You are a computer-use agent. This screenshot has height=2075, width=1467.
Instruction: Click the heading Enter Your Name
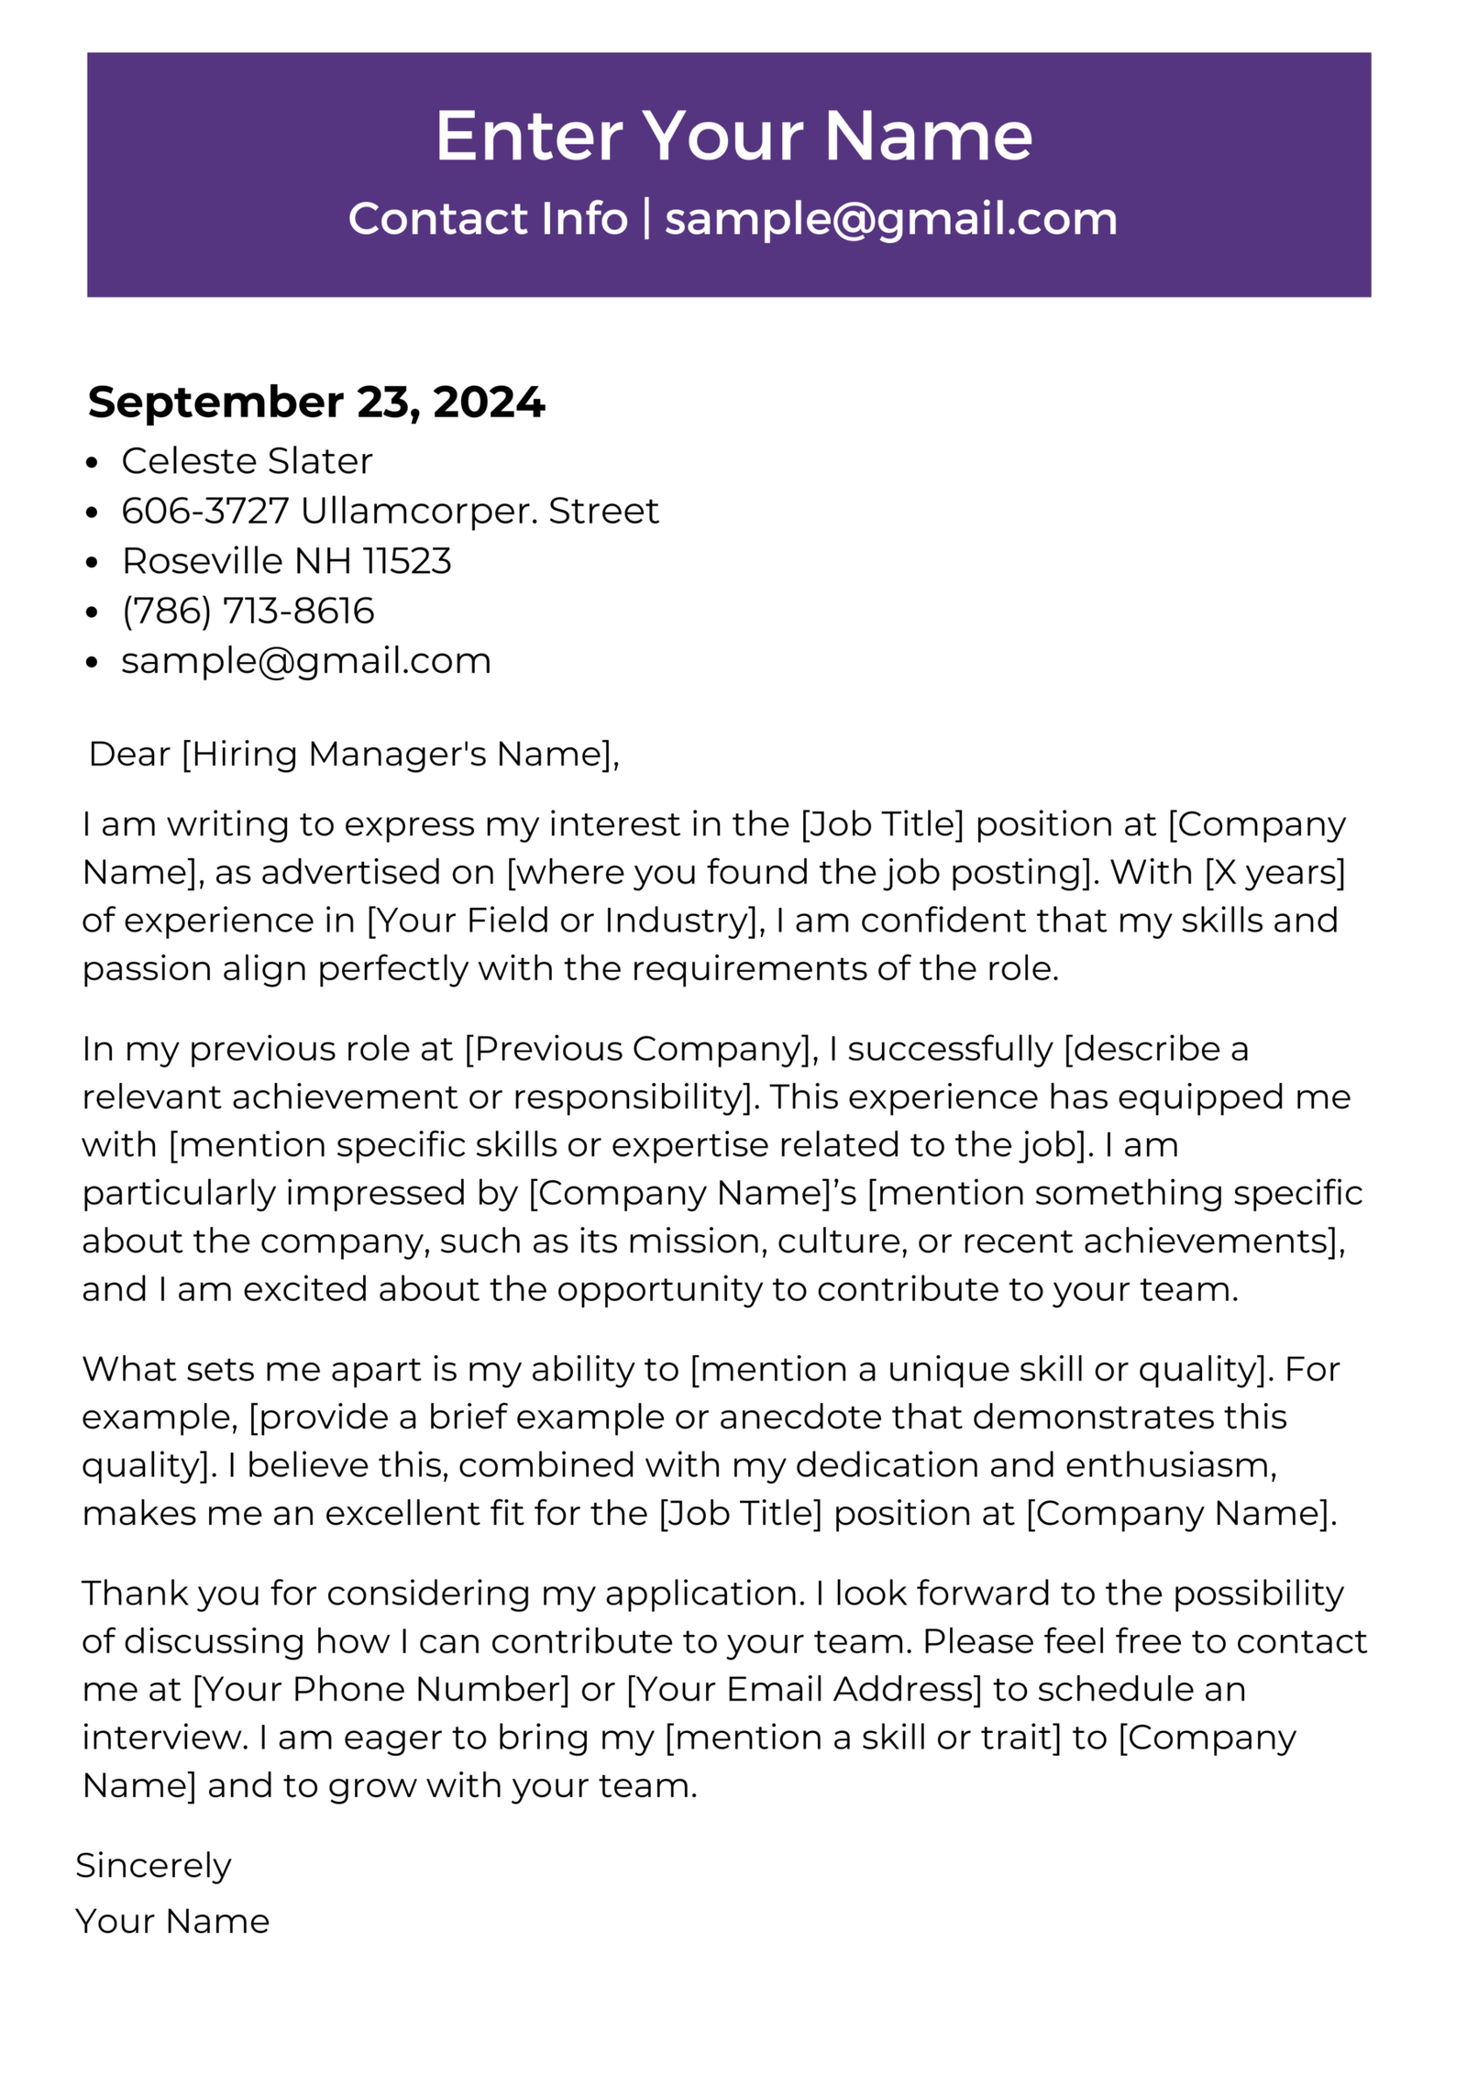733,136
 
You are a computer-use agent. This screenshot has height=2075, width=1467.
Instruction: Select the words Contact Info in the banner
488,219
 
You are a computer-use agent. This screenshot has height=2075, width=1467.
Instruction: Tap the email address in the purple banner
890,220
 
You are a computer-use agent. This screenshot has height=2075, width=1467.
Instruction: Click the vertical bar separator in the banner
646,218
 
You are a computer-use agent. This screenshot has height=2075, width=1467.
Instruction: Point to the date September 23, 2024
316,403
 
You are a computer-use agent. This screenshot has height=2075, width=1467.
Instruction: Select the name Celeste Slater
247,461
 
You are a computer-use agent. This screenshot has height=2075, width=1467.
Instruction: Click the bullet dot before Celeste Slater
91,463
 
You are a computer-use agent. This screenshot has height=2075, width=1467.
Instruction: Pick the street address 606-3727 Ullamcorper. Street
390,511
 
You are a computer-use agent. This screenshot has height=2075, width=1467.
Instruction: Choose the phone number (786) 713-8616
248,611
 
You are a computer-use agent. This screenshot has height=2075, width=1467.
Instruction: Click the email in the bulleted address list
306,661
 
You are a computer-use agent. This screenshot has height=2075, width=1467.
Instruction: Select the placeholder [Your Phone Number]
381,1689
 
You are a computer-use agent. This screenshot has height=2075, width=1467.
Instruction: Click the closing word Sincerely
153,1866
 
